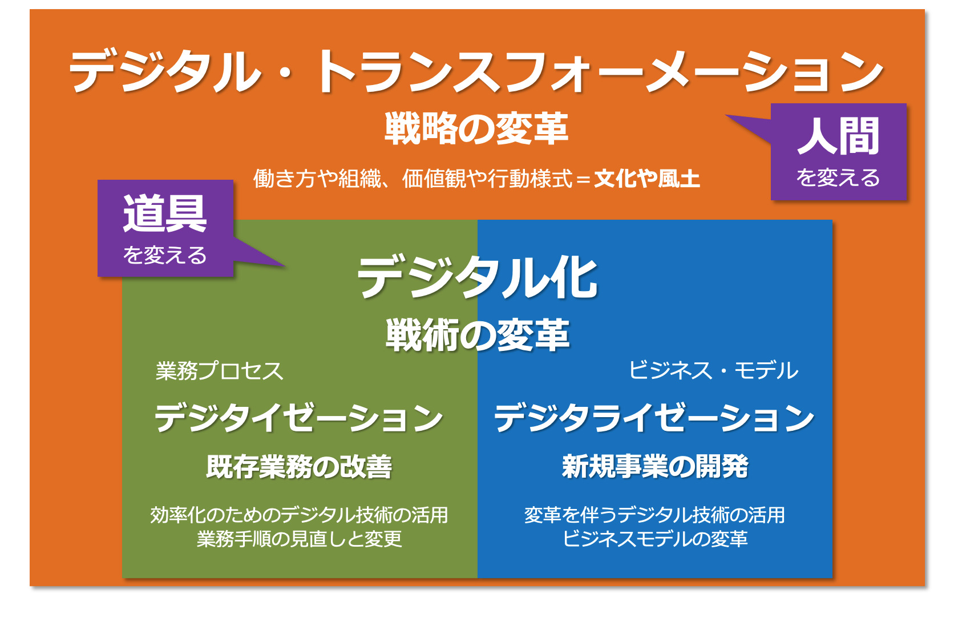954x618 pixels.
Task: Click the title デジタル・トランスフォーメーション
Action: pos(475,71)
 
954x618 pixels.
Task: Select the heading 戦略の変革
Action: pos(476,128)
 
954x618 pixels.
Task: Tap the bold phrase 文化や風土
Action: pos(647,179)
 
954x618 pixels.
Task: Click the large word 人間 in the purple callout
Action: pos(838,136)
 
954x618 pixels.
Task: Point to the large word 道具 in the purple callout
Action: pos(165,213)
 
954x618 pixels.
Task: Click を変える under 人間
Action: pos(838,177)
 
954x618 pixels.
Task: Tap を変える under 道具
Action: pos(165,255)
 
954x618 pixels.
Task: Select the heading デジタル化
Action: pos(478,278)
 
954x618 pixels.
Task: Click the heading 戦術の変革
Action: pos(478,335)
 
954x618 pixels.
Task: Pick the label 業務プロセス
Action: pos(219,371)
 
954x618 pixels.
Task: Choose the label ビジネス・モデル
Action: pos(713,370)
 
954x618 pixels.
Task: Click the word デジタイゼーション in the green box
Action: pos(298,418)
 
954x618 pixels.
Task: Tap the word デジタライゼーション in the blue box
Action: pos(654,418)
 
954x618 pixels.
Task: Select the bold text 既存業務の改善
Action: pos(299,467)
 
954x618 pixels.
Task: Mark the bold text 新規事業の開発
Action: pos(655,467)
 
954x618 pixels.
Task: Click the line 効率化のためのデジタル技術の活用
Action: pos(299,515)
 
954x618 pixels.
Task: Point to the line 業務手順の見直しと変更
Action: pos(299,539)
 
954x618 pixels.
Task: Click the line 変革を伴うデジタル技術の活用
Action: pos(654,515)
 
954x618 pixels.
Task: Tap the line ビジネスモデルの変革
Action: pos(655,539)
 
